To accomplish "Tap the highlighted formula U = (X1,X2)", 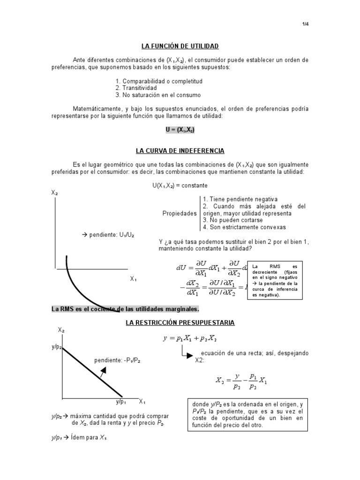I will click(180, 130).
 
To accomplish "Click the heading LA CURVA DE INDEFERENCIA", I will click(180, 151).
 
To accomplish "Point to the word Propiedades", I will click(180, 213).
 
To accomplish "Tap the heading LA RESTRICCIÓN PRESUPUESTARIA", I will click(180, 323).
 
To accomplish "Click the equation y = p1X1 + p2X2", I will click(190, 338).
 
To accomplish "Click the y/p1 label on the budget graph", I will click(121, 402).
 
